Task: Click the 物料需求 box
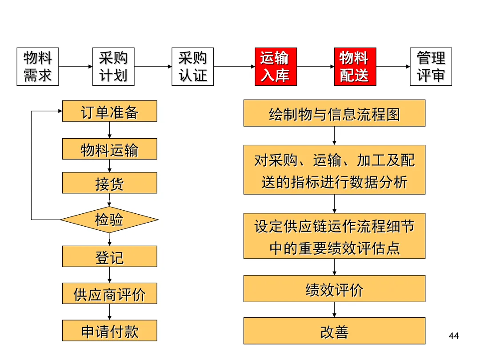click(x=38, y=67)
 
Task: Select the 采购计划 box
click(x=113, y=67)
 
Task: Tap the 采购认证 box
click(x=192, y=67)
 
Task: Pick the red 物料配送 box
click(x=355, y=67)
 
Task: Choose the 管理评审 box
click(x=431, y=67)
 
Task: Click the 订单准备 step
click(x=109, y=111)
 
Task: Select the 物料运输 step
click(x=109, y=149)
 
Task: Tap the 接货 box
click(x=109, y=183)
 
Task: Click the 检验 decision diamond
click(x=109, y=220)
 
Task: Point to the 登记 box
click(x=109, y=256)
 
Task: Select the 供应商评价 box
click(x=109, y=293)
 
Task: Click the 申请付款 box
click(x=109, y=331)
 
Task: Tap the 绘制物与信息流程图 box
click(x=334, y=113)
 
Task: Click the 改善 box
click(x=334, y=331)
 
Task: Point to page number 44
click(x=454, y=336)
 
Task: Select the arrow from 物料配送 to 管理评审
click(x=393, y=67)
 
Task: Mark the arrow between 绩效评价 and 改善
click(x=334, y=310)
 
